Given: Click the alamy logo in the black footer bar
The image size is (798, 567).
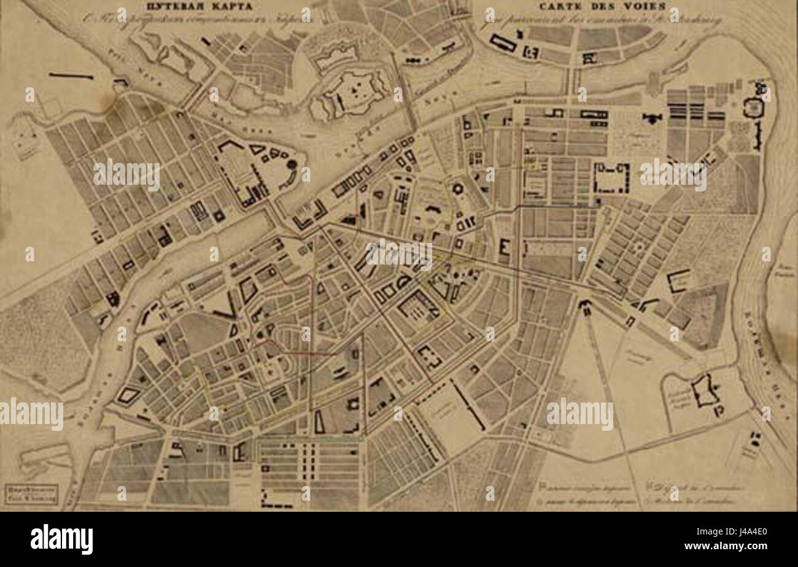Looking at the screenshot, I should [x=61, y=539].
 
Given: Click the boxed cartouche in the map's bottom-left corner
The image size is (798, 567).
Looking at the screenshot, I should [x=31, y=495].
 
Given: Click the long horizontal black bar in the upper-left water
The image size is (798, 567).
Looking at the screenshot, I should [x=71, y=76].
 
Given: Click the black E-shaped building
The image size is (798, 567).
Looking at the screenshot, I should [x=505, y=247].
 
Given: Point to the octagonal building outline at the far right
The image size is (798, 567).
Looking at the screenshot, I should [x=753, y=108].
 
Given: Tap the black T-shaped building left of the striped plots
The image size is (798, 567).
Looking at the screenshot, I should [x=652, y=117].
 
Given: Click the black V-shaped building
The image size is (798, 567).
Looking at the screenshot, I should [x=226, y=307].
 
